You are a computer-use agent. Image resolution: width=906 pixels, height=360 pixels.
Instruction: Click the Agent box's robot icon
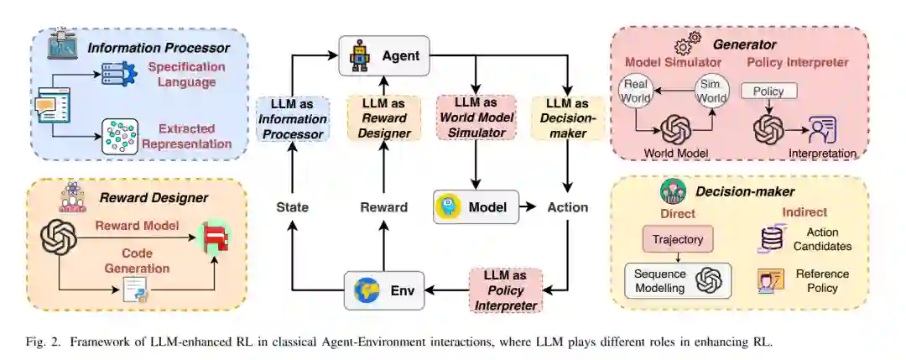click(360, 57)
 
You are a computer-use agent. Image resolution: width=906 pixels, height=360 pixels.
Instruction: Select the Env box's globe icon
click(366, 290)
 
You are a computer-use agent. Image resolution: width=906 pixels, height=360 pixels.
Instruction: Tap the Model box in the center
click(476, 206)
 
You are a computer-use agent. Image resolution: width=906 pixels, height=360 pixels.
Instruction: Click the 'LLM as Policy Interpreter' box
click(506, 290)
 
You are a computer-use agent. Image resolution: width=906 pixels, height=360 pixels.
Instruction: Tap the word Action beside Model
click(567, 207)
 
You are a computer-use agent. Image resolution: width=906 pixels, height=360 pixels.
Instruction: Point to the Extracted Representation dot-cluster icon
click(119, 136)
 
